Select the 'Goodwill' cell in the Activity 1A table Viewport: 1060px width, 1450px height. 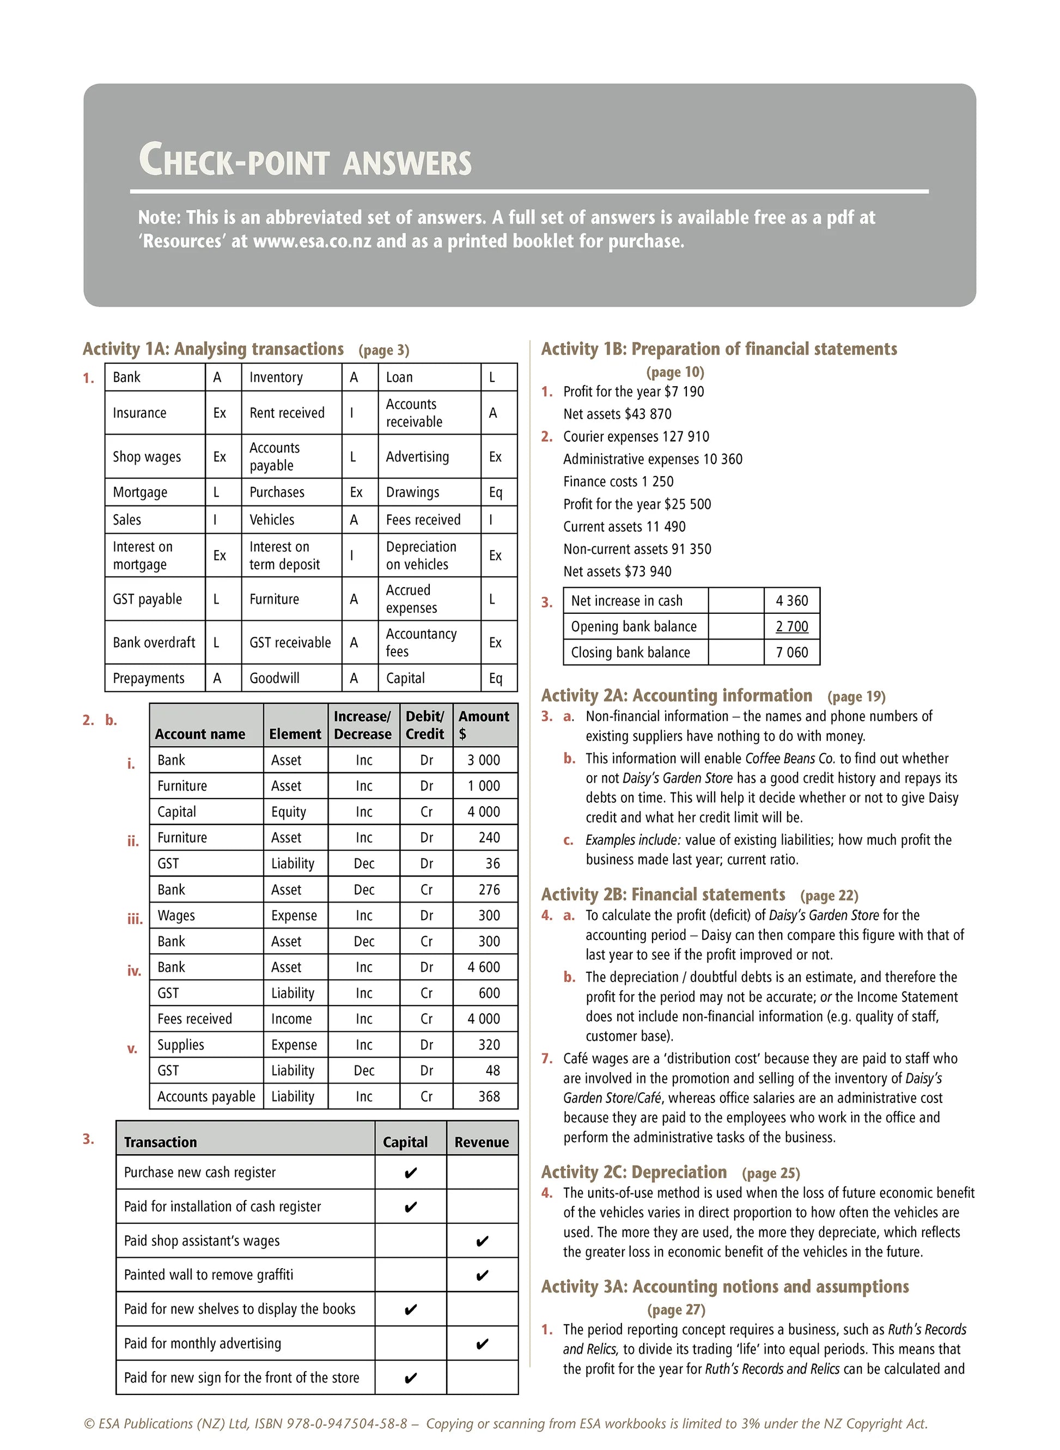(274, 678)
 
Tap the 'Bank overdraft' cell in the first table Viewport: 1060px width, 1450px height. (154, 642)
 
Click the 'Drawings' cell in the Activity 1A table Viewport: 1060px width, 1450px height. (412, 492)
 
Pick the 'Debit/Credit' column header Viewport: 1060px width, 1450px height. (425, 725)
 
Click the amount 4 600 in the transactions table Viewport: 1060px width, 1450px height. (483, 967)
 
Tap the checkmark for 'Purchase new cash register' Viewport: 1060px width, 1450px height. (411, 1173)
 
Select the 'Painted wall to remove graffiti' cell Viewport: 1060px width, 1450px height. (209, 1275)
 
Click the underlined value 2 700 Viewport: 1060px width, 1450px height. (792, 626)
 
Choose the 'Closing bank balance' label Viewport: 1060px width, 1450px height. (630, 653)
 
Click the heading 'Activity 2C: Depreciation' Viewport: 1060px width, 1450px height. (634, 1172)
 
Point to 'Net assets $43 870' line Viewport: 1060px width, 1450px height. (617, 414)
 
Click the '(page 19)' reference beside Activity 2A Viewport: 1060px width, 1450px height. (856, 697)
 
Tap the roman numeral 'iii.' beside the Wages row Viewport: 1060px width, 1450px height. (135, 919)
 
